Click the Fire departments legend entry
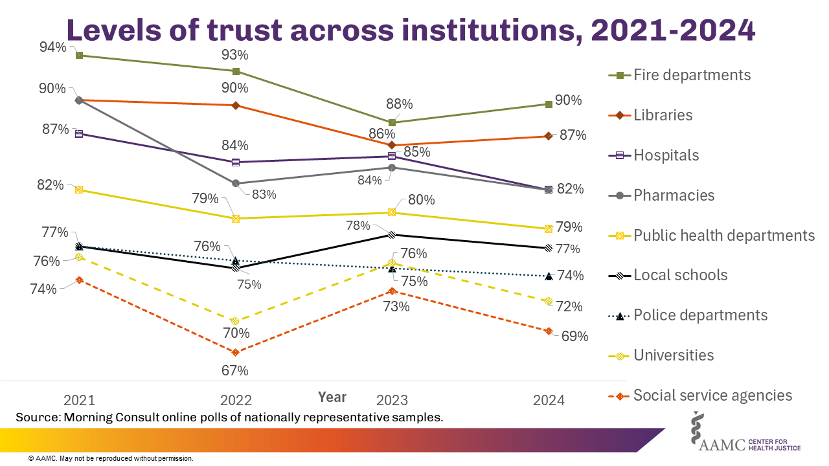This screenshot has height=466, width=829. tap(692, 75)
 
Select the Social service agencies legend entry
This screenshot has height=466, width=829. tap(712, 395)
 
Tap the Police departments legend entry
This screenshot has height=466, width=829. tap(700, 315)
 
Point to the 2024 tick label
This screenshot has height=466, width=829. tap(549, 400)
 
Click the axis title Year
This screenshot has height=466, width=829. tap(332, 397)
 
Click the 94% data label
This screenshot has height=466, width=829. tap(52, 47)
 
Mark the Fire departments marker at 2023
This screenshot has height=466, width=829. tap(392, 122)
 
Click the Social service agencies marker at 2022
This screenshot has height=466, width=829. tap(235, 353)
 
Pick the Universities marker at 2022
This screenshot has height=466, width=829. tap(235, 321)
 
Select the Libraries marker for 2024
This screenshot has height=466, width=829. tap(549, 136)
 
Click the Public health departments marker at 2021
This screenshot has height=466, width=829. tap(79, 190)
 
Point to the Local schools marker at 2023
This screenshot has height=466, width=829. tap(392, 235)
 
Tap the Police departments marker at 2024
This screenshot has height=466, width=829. tap(549, 276)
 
